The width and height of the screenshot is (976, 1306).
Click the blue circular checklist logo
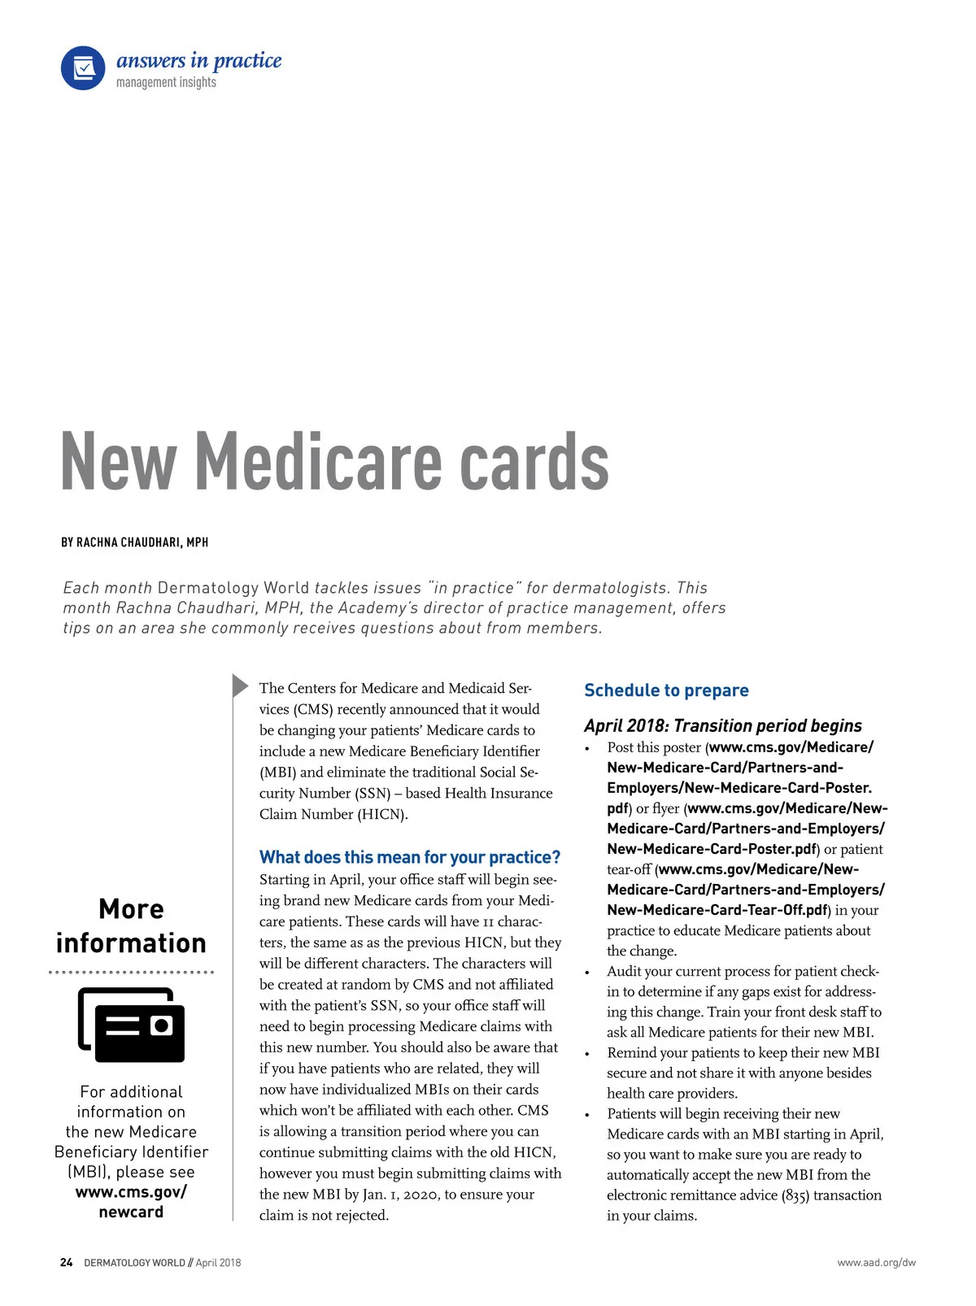coord(83,68)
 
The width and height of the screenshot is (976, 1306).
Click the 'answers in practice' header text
coord(198,60)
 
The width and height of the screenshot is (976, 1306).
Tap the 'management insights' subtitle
coord(166,82)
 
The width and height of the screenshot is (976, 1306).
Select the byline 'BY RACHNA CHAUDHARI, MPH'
coord(134,542)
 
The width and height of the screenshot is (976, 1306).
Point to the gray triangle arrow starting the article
coord(240,686)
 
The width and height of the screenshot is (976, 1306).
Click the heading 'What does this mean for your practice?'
coord(410,857)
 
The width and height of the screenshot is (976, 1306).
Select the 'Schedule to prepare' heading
coord(666,690)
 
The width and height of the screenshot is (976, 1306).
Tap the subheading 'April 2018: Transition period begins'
coord(722,725)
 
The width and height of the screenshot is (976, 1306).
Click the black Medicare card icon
coord(132,1025)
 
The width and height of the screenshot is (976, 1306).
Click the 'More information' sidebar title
coord(131,926)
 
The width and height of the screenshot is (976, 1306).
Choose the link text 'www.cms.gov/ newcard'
coord(131,1202)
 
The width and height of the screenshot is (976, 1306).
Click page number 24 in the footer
coord(67,1263)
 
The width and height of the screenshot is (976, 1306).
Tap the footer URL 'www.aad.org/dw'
coord(876,1263)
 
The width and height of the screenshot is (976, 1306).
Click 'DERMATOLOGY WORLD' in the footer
coord(134,1263)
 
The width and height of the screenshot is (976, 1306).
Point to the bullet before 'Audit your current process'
coord(587,973)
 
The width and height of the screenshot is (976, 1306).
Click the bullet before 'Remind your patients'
coord(587,1054)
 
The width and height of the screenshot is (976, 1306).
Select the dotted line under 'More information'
coord(131,972)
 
